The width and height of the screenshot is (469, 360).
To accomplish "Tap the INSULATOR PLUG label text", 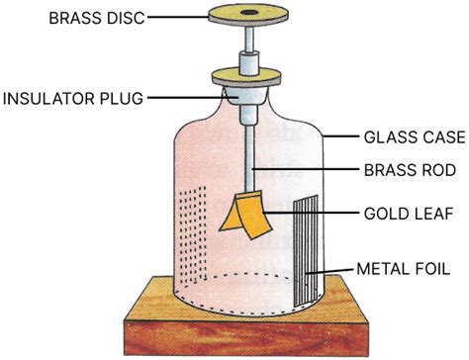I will coord(73,98).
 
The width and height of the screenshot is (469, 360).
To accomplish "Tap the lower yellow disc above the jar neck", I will coord(238,74).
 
